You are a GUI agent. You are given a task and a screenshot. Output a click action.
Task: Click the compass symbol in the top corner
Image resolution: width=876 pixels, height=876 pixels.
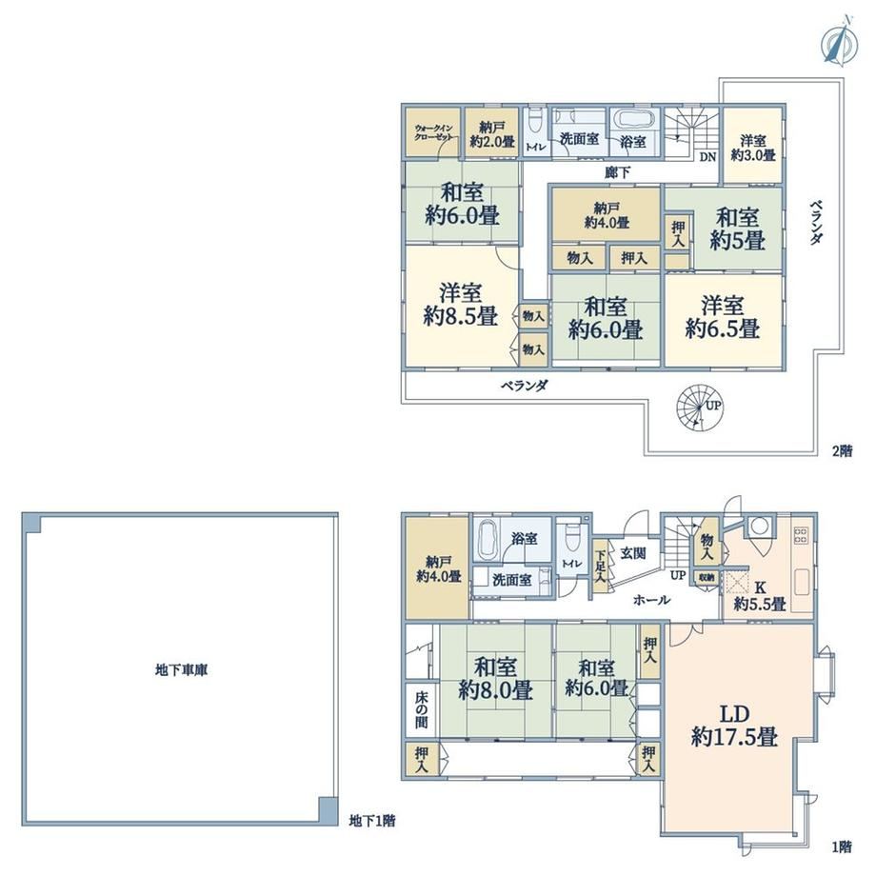(x=836, y=43)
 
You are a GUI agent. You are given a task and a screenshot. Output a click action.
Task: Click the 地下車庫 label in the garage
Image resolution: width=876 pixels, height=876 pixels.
(x=181, y=669)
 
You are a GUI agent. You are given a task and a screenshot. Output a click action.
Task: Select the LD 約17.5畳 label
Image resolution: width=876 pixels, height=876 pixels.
(x=734, y=726)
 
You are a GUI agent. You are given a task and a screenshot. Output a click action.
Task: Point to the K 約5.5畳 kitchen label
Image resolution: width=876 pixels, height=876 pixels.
(x=760, y=595)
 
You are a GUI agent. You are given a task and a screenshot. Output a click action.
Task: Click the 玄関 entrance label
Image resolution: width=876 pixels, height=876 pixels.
(x=633, y=553)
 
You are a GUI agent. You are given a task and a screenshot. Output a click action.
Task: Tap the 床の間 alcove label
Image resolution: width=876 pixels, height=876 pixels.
(x=421, y=710)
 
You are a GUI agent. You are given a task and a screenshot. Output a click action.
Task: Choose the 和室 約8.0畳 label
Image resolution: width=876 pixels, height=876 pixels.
(x=495, y=679)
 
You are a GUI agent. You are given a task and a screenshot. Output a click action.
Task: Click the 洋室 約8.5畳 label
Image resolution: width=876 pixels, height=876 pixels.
(x=460, y=305)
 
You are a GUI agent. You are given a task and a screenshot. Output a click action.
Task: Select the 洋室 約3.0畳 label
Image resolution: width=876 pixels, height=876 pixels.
(x=753, y=148)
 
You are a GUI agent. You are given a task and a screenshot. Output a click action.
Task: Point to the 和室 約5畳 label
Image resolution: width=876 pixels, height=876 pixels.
(x=737, y=229)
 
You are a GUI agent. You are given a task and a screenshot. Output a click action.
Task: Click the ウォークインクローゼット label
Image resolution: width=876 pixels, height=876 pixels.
(x=433, y=131)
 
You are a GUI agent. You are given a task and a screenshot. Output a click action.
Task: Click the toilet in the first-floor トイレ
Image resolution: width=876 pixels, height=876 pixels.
(x=571, y=538)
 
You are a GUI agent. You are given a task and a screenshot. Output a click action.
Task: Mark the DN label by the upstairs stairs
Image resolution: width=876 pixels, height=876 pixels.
(x=707, y=157)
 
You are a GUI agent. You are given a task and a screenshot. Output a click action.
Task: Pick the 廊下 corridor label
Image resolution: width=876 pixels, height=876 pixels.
(x=617, y=172)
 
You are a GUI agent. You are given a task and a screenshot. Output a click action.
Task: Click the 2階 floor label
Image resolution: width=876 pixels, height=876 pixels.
(x=843, y=450)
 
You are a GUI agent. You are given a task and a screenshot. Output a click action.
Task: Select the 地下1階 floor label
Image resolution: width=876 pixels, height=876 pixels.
(x=372, y=821)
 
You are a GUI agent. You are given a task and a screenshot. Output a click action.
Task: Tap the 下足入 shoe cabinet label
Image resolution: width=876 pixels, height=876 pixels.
(x=600, y=567)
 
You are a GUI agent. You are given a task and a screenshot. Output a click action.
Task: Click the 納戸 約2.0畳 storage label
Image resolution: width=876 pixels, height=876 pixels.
(x=492, y=134)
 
